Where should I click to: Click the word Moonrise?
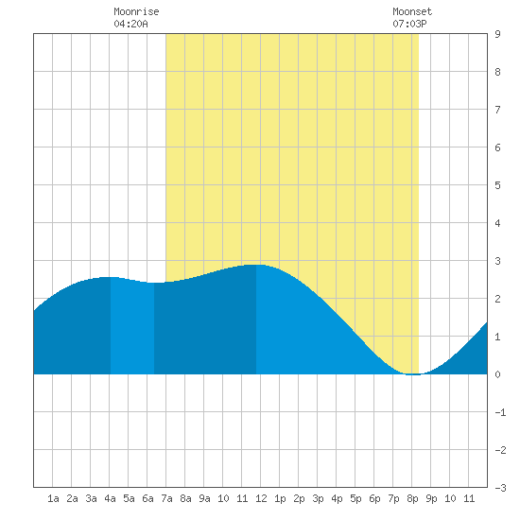pos(136,11)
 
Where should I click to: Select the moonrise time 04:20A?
pos(130,24)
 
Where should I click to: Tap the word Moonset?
pos(412,11)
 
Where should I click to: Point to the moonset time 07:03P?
pos(409,24)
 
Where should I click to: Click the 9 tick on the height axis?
pos(497,34)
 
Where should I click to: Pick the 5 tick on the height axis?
pos(497,185)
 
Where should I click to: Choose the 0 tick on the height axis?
pos(497,374)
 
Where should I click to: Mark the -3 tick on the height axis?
pos(500,488)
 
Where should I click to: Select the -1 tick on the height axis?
pos(500,412)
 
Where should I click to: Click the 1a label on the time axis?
pos(53,498)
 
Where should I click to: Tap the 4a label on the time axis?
pos(110,498)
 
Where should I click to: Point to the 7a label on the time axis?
pos(166,498)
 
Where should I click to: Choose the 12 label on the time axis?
pos(261,498)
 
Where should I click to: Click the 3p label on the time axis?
pos(318,498)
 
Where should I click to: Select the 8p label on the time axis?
pos(412,498)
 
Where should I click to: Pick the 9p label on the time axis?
pos(431,498)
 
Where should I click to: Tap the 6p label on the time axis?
pos(374,498)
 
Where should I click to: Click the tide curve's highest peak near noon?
pos(257,265)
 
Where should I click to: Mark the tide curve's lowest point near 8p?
pos(413,374)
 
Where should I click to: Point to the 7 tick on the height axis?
pos(497,110)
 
